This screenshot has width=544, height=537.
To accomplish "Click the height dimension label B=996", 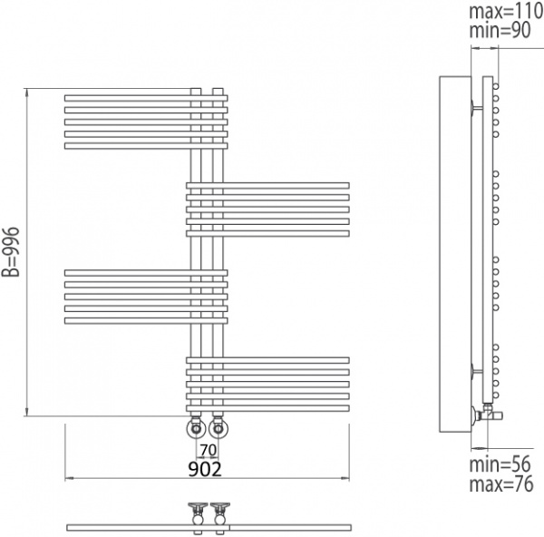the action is click(x=10, y=251).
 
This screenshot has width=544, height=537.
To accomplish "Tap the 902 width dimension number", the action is click(x=205, y=470).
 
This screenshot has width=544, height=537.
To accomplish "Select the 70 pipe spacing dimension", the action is click(x=209, y=450).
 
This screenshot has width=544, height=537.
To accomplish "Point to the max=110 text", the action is click(x=506, y=11).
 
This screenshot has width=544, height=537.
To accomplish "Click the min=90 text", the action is click(x=500, y=30).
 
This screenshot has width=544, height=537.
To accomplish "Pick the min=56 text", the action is click(x=500, y=464).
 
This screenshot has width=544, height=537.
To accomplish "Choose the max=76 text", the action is click(x=501, y=483).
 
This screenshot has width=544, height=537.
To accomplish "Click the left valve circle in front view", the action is click(x=196, y=429).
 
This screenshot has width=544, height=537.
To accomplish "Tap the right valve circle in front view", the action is click(x=218, y=429).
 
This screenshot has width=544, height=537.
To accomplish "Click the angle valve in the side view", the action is click(x=487, y=414).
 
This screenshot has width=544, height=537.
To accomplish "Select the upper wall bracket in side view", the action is click(x=476, y=107).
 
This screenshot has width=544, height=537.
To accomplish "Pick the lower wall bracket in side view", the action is click(x=476, y=371).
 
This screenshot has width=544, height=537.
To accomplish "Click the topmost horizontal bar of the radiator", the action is click(x=146, y=98).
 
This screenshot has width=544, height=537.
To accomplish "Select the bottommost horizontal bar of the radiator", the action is click(x=267, y=408).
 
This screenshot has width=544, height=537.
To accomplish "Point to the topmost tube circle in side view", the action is click(x=496, y=86).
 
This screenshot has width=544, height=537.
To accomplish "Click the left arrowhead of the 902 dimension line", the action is click(x=69, y=478).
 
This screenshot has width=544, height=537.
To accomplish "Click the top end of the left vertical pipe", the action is click(x=196, y=89).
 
